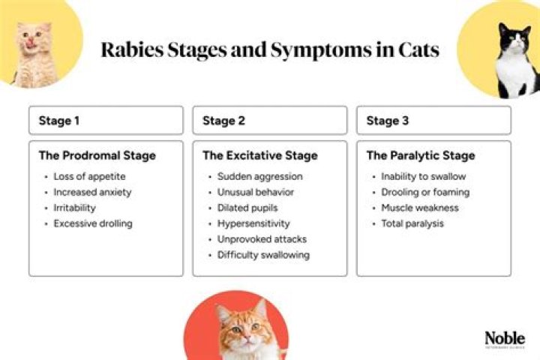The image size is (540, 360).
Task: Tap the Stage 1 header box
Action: pos(106,120)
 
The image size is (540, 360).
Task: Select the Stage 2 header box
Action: pos(269,120)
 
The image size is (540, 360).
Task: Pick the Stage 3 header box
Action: pos(433,120)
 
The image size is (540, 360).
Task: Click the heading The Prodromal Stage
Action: pos(97,156)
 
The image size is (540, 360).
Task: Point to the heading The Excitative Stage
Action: pos(259,156)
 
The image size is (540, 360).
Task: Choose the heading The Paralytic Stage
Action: pos(420,156)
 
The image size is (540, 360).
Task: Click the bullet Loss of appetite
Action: pos(90,177)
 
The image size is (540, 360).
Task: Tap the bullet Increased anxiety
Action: pos(92,193)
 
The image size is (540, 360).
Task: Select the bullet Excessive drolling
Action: pos(93,224)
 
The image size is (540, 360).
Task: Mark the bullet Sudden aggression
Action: pos(259,177)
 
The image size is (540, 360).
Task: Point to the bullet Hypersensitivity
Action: pos(253,224)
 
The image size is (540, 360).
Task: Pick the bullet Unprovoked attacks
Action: pos(262,239)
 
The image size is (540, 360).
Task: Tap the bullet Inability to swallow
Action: pos(423,177)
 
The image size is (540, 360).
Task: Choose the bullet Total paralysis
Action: pos(412,224)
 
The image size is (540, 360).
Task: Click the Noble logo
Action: pos(505,339)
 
